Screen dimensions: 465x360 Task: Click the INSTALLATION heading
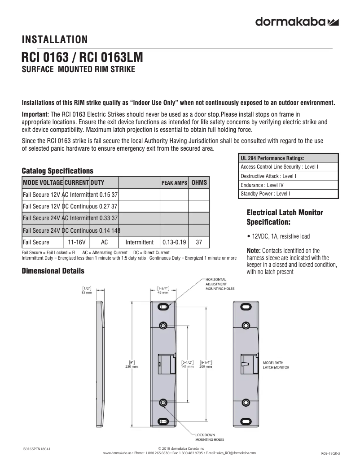[x=55, y=40]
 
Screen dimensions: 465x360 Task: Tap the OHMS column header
[x=199, y=183]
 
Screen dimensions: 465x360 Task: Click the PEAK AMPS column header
[x=174, y=183]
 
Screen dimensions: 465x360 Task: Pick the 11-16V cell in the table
[x=76, y=242]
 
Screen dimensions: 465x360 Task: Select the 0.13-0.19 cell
[x=175, y=242]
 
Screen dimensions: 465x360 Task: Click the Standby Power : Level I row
[x=265, y=194]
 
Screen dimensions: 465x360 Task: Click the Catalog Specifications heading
[x=57, y=171]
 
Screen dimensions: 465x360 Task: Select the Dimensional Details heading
[x=53, y=271]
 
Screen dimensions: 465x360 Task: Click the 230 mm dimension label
[x=132, y=366]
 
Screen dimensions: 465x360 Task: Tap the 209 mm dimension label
[x=206, y=366]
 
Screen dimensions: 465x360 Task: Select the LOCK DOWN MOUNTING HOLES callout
[x=209, y=437]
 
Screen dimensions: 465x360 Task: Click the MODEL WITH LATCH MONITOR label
[x=276, y=365]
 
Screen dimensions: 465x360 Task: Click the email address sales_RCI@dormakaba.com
[x=234, y=453]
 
